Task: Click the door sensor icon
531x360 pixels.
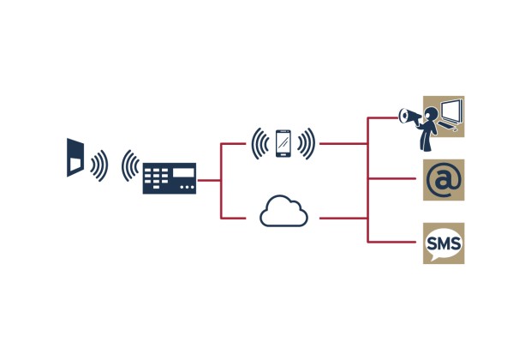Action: [x=75, y=156]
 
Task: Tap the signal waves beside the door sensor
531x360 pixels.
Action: [x=100, y=165]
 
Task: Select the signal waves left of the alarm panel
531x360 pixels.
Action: [x=129, y=165]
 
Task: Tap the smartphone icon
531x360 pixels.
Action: [x=283, y=143]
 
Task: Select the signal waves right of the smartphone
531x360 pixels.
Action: [x=307, y=143]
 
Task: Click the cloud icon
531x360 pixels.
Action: [x=283, y=211]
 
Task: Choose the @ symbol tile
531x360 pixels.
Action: [x=444, y=180]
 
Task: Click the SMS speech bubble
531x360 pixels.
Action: [x=444, y=243]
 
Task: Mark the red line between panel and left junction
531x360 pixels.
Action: [x=210, y=180]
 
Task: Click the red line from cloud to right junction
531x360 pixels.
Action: [x=343, y=219]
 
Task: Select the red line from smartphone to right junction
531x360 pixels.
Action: [x=343, y=143]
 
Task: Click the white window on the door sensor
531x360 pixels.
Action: [x=75, y=162]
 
